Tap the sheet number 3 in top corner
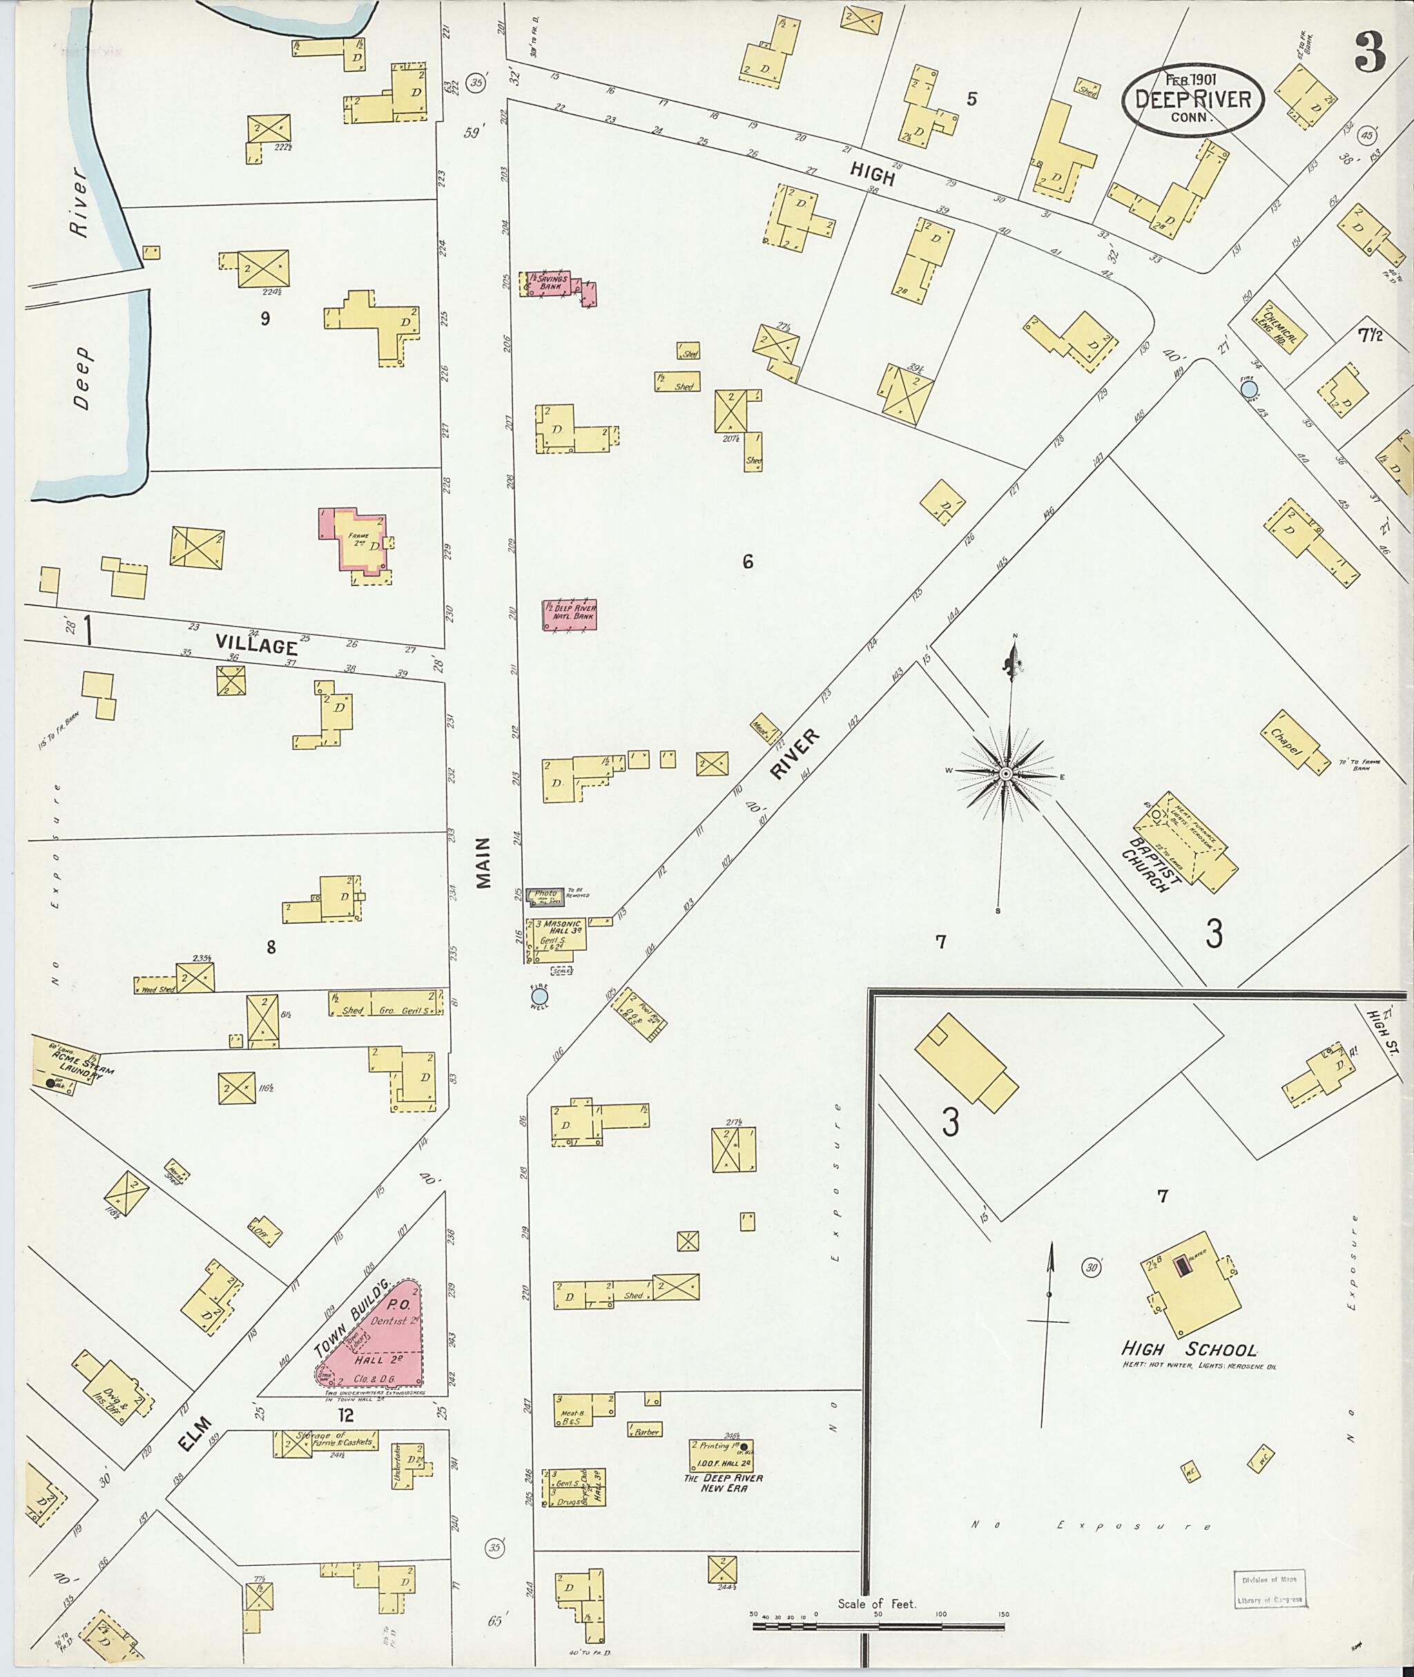pyautogui.click(x=1369, y=54)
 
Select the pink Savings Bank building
pyautogui.click(x=556, y=284)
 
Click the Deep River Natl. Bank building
pyautogui.click(x=569, y=614)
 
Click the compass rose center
pyautogui.click(x=1005, y=773)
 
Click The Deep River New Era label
pyautogui.click(x=723, y=1483)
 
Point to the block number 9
pyautogui.click(x=264, y=318)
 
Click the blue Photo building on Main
pyautogui.click(x=545, y=895)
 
